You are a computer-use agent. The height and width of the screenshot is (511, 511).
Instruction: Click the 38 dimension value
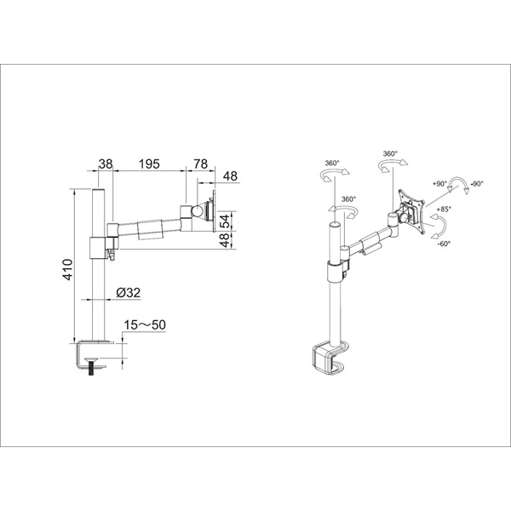106,164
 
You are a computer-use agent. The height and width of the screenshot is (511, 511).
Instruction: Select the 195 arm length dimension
149,164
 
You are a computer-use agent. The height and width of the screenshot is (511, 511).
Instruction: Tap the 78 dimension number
200,164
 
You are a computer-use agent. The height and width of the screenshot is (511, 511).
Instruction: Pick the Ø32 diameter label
129,292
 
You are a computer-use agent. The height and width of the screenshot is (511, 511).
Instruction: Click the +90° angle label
439,184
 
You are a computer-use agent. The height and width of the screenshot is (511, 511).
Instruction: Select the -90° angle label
477,184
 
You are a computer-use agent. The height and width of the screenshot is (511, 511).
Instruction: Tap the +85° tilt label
444,209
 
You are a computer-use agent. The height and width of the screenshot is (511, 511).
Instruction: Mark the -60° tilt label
444,244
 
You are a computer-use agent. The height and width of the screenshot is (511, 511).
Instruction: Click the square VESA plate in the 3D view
411,207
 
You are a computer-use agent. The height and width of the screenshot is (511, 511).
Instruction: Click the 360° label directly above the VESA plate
390,155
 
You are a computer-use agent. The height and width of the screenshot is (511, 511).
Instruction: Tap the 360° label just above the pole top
347,199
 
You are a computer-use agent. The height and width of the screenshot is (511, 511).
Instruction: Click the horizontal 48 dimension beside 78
231,176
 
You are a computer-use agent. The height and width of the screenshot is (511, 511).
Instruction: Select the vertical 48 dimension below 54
225,239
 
